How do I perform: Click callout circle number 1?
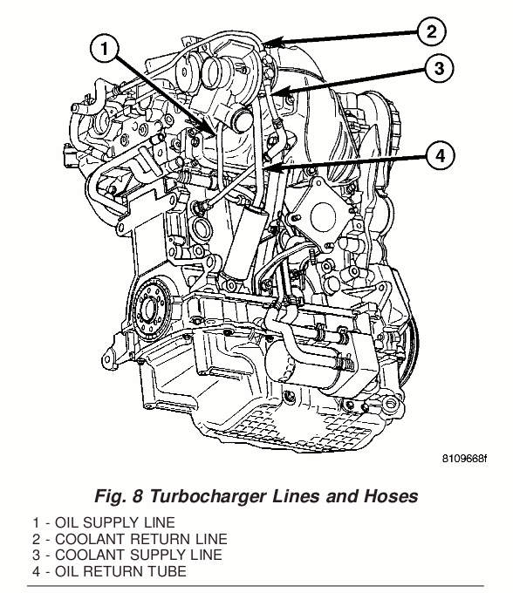(x=105, y=49)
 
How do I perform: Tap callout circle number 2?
(x=432, y=31)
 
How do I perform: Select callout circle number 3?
(x=439, y=68)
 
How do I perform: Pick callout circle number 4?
(x=441, y=155)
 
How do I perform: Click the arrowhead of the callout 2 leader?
(x=273, y=42)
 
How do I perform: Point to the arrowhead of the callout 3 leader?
(x=280, y=92)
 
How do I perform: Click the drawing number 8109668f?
(x=464, y=459)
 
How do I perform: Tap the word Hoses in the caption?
(x=391, y=496)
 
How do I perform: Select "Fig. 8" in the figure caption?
(x=119, y=496)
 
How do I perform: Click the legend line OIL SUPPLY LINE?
(x=104, y=522)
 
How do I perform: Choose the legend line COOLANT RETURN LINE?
(x=130, y=539)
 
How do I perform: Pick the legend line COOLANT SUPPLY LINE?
(x=127, y=556)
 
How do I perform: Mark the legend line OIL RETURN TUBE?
(x=109, y=571)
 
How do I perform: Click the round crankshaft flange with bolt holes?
(x=151, y=306)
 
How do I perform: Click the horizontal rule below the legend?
(x=256, y=586)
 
